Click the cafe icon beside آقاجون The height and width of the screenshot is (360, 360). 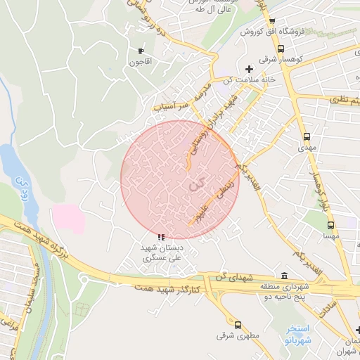click(141, 51)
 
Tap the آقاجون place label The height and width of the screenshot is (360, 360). click(141, 62)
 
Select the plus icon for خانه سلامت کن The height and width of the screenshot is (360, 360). click(249, 68)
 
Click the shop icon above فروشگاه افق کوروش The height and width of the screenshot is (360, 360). click(272, 21)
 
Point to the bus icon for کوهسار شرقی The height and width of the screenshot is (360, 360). click(281, 49)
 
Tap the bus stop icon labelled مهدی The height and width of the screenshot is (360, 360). click(306, 137)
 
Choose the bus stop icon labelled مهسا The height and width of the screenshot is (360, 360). click(330, 225)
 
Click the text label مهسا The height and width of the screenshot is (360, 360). click(331, 237)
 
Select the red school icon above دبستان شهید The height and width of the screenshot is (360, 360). click(162, 237)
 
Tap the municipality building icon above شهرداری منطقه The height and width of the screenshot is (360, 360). click(284, 275)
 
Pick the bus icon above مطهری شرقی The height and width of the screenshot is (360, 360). click(238, 325)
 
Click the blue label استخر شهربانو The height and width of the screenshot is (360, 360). click(303, 335)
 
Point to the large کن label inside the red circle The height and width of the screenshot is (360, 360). click(199, 184)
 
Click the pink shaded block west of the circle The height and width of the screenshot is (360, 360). click(67, 219)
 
